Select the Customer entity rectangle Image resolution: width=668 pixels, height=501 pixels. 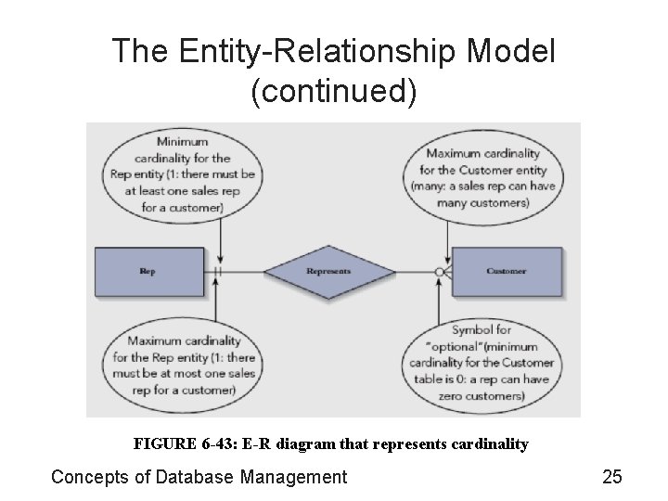(x=506, y=272)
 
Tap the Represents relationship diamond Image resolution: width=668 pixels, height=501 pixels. (x=328, y=272)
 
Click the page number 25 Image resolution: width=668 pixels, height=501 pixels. (x=611, y=477)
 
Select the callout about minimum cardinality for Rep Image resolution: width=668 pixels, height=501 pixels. (x=183, y=174)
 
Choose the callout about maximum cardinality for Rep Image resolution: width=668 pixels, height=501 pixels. (x=183, y=365)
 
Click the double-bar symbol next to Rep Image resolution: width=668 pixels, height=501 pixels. (x=217, y=272)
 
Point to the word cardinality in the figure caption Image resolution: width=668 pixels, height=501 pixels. (x=488, y=444)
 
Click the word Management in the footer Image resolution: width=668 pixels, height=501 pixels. (x=291, y=477)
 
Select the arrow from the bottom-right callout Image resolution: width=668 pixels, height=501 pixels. (x=439, y=302)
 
